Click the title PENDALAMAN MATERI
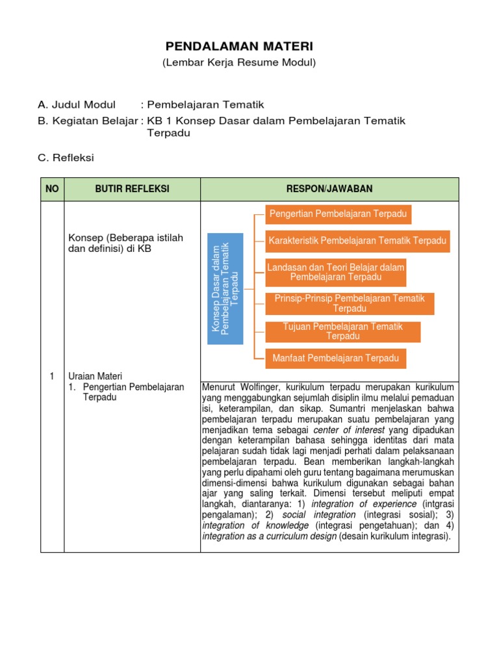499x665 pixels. click(x=239, y=46)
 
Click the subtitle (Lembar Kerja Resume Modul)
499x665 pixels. click(x=239, y=62)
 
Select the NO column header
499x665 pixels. click(x=52, y=189)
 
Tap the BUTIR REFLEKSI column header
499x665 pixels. click(x=132, y=189)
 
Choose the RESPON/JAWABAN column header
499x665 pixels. click(x=329, y=189)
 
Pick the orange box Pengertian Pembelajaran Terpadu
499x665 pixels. click(x=339, y=214)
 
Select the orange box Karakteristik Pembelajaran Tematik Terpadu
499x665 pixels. click(x=357, y=241)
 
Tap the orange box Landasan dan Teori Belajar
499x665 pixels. click(x=336, y=272)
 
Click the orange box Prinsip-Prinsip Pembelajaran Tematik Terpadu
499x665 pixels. click(x=350, y=303)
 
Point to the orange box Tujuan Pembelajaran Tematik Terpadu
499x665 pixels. click(x=342, y=331)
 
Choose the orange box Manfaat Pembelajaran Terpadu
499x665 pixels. click(x=336, y=358)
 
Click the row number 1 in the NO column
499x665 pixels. click(x=52, y=376)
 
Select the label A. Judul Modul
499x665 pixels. click(x=77, y=105)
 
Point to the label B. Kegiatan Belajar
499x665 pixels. click(x=88, y=121)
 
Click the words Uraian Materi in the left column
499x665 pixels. click(x=96, y=376)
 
